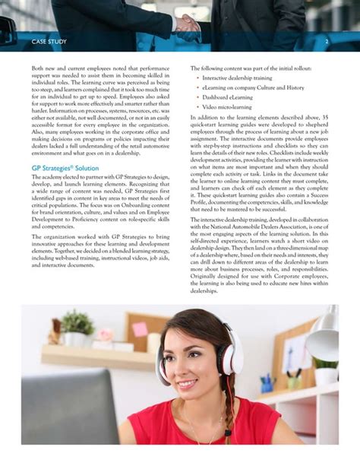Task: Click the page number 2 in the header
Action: [x=327, y=40]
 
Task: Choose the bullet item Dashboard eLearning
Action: [x=229, y=97]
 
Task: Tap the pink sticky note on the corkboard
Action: [x=140, y=329]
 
